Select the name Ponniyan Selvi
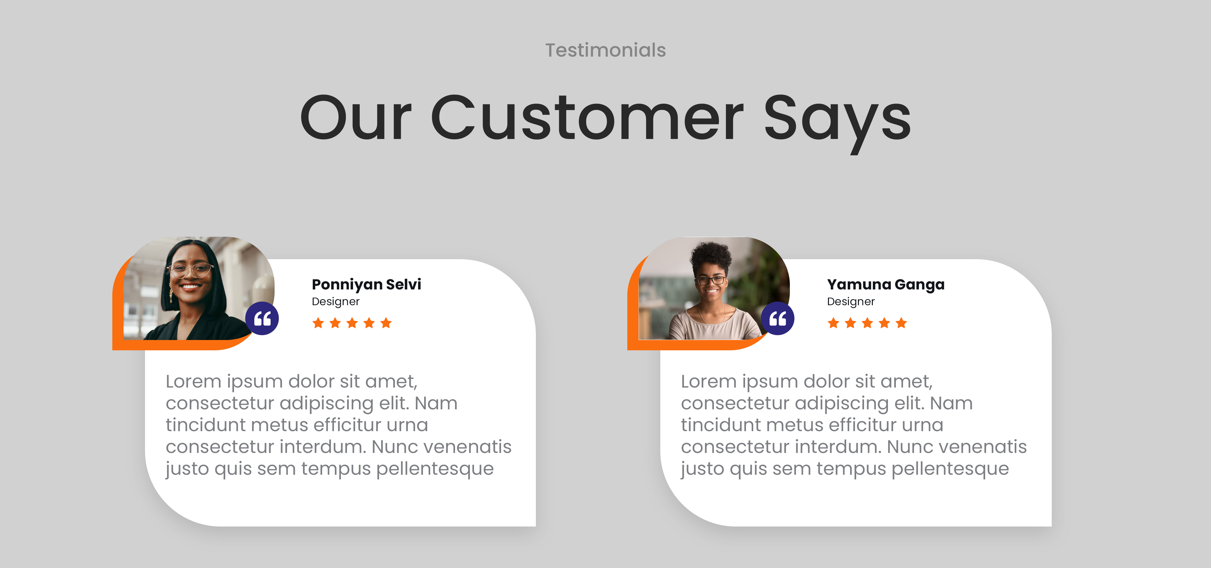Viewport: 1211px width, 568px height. pos(366,285)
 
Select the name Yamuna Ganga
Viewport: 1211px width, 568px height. pos(885,285)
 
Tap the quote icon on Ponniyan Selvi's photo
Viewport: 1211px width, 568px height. pos(262,318)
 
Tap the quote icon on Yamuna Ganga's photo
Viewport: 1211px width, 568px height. pos(777,318)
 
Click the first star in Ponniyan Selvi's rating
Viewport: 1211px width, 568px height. pos(318,323)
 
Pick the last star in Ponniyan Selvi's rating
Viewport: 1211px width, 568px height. pos(386,323)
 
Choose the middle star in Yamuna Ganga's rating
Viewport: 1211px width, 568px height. pos(867,323)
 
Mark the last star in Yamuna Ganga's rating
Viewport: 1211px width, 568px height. pos(901,323)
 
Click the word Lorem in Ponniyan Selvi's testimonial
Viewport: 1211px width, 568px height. pos(193,381)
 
